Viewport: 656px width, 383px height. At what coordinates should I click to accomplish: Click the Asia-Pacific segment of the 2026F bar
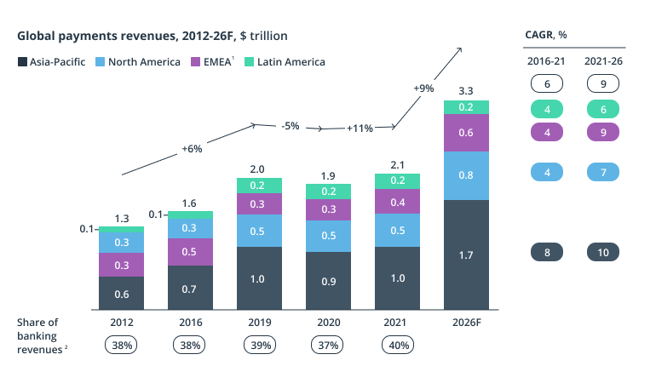(x=466, y=254)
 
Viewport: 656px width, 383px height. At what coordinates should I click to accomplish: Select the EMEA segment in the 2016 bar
(x=190, y=252)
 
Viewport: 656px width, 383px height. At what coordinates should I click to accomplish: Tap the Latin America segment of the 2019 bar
(x=259, y=186)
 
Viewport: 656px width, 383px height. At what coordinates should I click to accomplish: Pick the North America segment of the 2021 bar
(x=397, y=230)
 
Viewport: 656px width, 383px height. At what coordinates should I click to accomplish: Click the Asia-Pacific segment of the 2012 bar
(x=121, y=294)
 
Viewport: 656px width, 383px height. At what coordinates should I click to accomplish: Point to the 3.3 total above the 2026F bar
(x=466, y=89)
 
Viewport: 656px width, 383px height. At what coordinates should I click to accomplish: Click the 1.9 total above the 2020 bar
(x=328, y=175)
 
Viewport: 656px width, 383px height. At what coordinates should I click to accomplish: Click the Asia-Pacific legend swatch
(x=22, y=62)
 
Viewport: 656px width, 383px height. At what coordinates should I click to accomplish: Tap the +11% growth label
(x=360, y=129)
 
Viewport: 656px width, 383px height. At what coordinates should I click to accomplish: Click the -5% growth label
(x=290, y=126)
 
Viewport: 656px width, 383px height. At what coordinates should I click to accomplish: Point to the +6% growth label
(x=192, y=149)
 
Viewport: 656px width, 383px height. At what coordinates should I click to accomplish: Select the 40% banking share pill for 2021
(x=397, y=345)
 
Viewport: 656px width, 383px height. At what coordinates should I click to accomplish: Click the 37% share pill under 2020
(x=328, y=345)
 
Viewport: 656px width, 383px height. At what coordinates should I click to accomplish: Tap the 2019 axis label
(x=259, y=323)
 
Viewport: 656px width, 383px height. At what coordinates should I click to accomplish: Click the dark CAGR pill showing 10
(x=603, y=252)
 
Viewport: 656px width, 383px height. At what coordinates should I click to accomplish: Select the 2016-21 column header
(x=545, y=61)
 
